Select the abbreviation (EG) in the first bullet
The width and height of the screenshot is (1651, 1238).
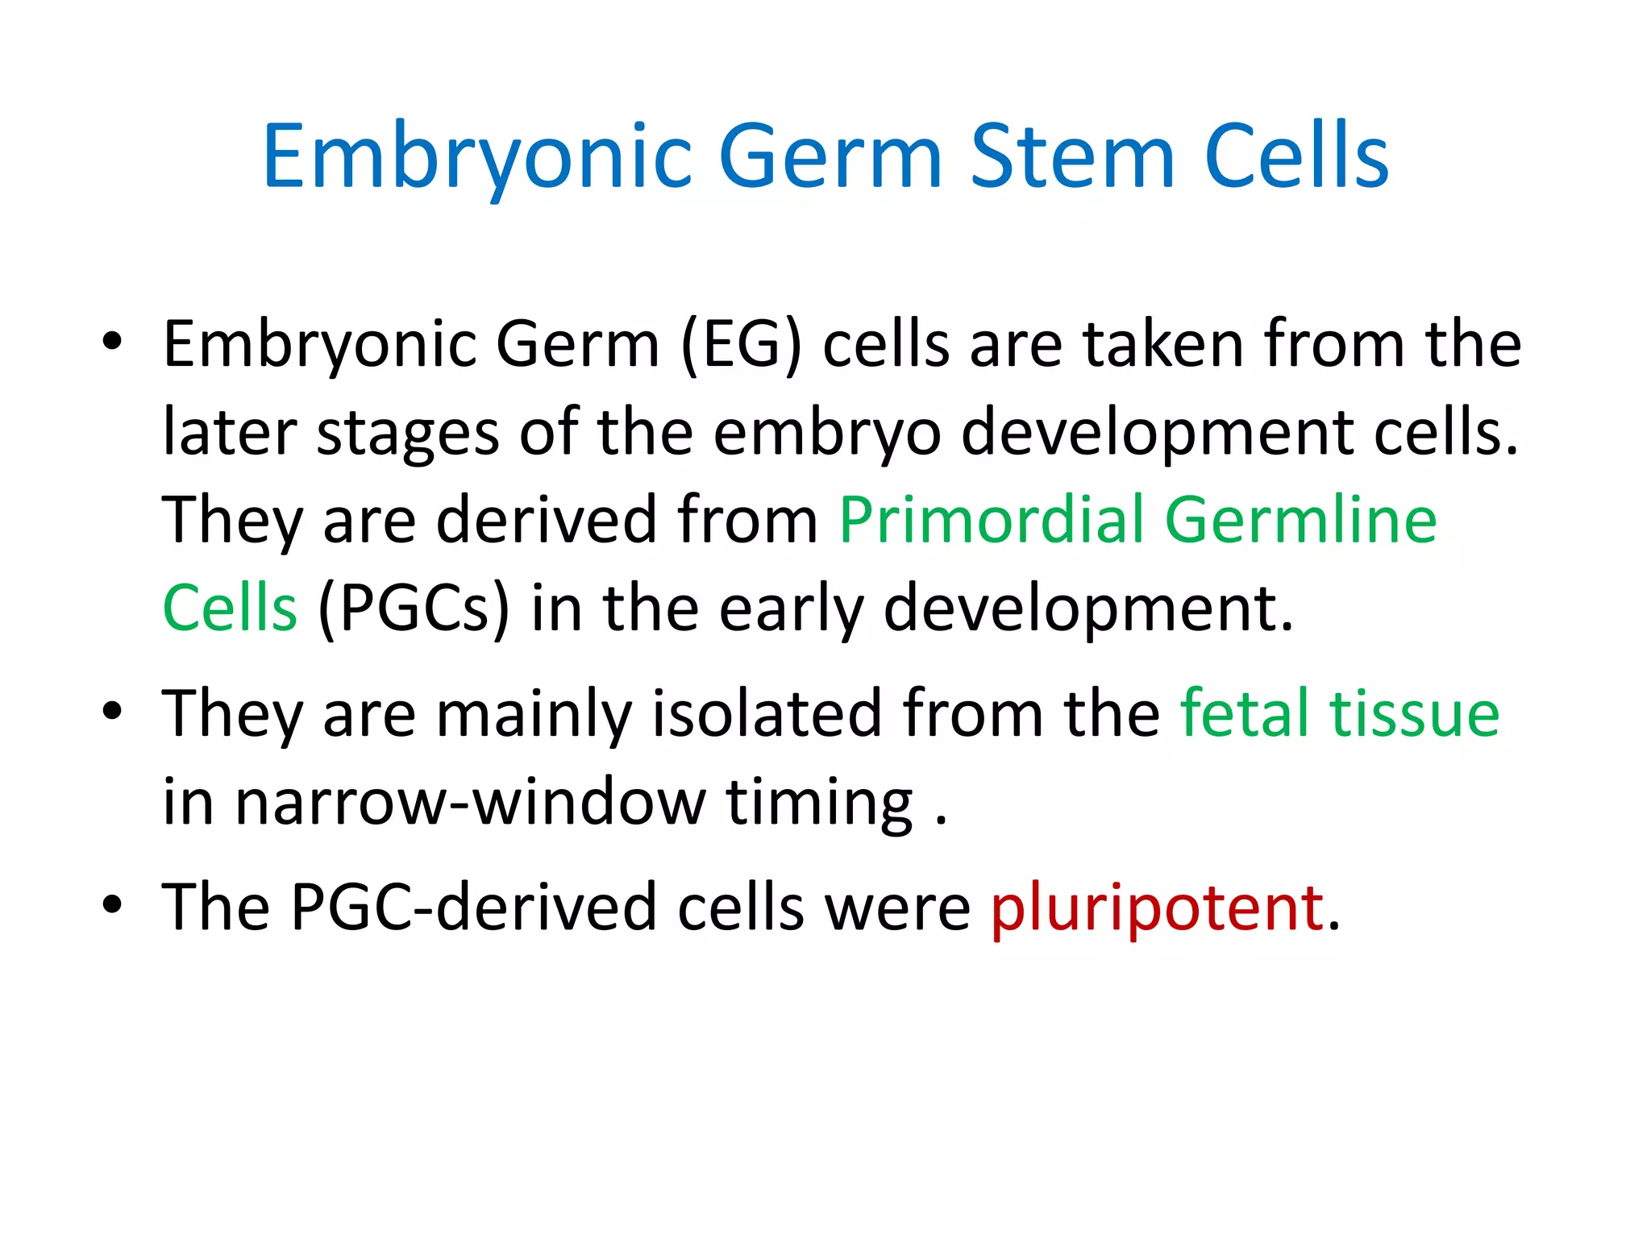742,345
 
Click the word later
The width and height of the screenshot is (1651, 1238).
230,433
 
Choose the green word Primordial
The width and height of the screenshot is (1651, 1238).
992,521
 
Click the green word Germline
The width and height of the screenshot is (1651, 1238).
1300,521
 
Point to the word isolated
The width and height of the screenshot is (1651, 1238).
767,713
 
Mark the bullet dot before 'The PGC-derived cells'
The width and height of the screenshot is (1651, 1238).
112,904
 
